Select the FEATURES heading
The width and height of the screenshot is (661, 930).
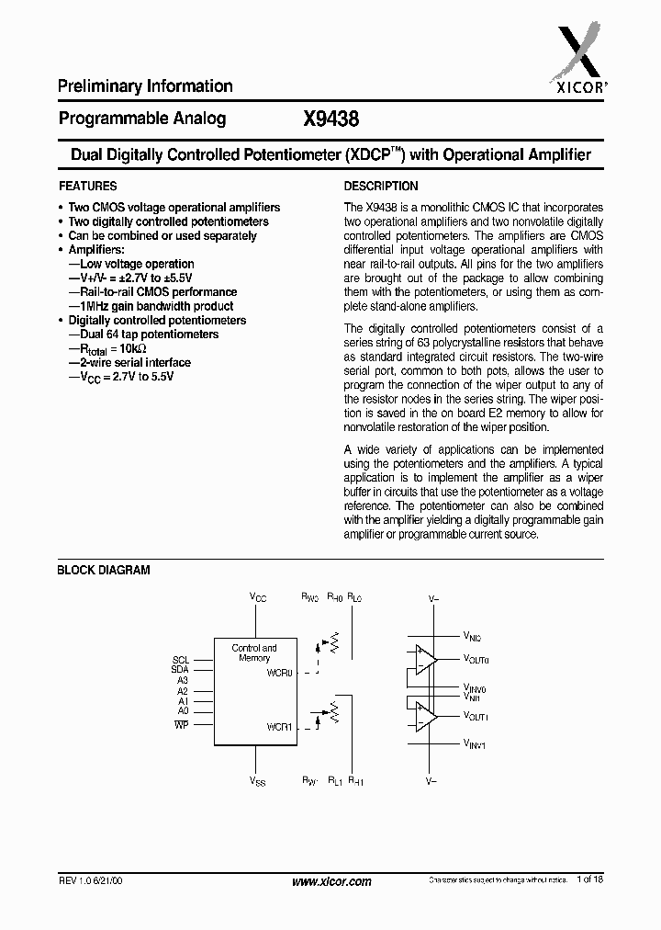click(x=87, y=186)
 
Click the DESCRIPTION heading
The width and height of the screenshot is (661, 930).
click(x=381, y=186)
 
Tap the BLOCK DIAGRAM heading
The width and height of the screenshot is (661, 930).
click(x=104, y=570)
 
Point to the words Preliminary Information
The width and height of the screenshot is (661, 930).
click(x=145, y=86)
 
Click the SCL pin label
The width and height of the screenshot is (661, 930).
click(x=180, y=660)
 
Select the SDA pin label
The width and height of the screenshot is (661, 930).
click(x=180, y=670)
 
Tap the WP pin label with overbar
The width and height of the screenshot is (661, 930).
click(x=181, y=725)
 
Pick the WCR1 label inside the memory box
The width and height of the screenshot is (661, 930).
click(x=280, y=727)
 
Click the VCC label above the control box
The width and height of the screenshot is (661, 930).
click(x=258, y=597)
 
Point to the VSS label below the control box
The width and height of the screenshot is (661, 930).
click(x=258, y=781)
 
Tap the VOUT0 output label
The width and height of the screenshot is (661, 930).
click(x=476, y=659)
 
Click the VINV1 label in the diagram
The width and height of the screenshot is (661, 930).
click(x=475, y=743)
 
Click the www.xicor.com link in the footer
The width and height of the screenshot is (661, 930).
click(x=331, y=881)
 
